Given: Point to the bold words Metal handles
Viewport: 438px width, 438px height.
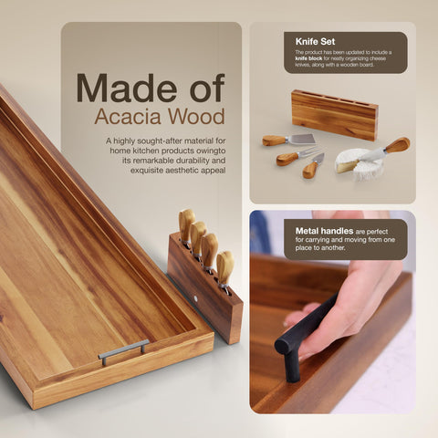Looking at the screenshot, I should pos(310,232).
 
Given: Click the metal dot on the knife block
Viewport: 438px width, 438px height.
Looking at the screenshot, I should pos(200,297).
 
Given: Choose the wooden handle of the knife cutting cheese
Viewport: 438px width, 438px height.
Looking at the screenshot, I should pos(396,144).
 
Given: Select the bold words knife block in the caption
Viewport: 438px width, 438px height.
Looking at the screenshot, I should pos(306,60).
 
